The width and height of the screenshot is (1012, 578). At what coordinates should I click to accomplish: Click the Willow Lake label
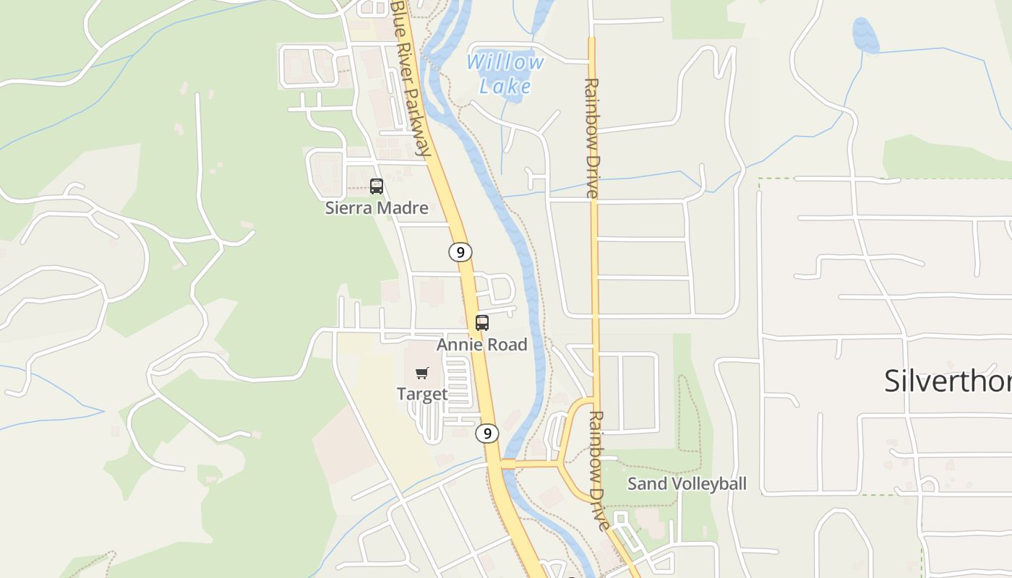click(505, 74)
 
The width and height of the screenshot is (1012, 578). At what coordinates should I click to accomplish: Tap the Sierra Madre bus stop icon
click(377, 186)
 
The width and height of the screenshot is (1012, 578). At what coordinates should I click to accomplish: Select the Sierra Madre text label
click(377, 208)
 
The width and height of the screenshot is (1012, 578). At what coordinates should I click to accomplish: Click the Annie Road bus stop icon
click(482, 323)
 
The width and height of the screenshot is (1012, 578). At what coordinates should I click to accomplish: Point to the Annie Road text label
click(482, 345)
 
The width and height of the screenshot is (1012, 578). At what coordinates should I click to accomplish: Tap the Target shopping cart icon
click(422, 374)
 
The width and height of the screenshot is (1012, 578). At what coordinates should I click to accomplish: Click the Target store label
click(422, 394)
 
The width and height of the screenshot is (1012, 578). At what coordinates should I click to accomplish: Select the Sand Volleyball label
click(687, 483)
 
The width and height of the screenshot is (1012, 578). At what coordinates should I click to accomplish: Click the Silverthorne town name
click(948, 381)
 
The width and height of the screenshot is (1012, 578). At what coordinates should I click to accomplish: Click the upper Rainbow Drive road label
click(592, 137)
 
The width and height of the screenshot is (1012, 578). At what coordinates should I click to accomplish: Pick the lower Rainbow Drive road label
click(598, 470)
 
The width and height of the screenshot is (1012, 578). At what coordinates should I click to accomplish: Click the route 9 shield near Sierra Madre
click(460, 252)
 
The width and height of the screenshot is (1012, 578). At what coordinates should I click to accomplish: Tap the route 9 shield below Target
click(487, 433)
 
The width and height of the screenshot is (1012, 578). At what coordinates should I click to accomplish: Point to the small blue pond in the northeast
click(865, 35)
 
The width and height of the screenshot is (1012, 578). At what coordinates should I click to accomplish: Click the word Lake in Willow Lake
click(505, 87)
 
